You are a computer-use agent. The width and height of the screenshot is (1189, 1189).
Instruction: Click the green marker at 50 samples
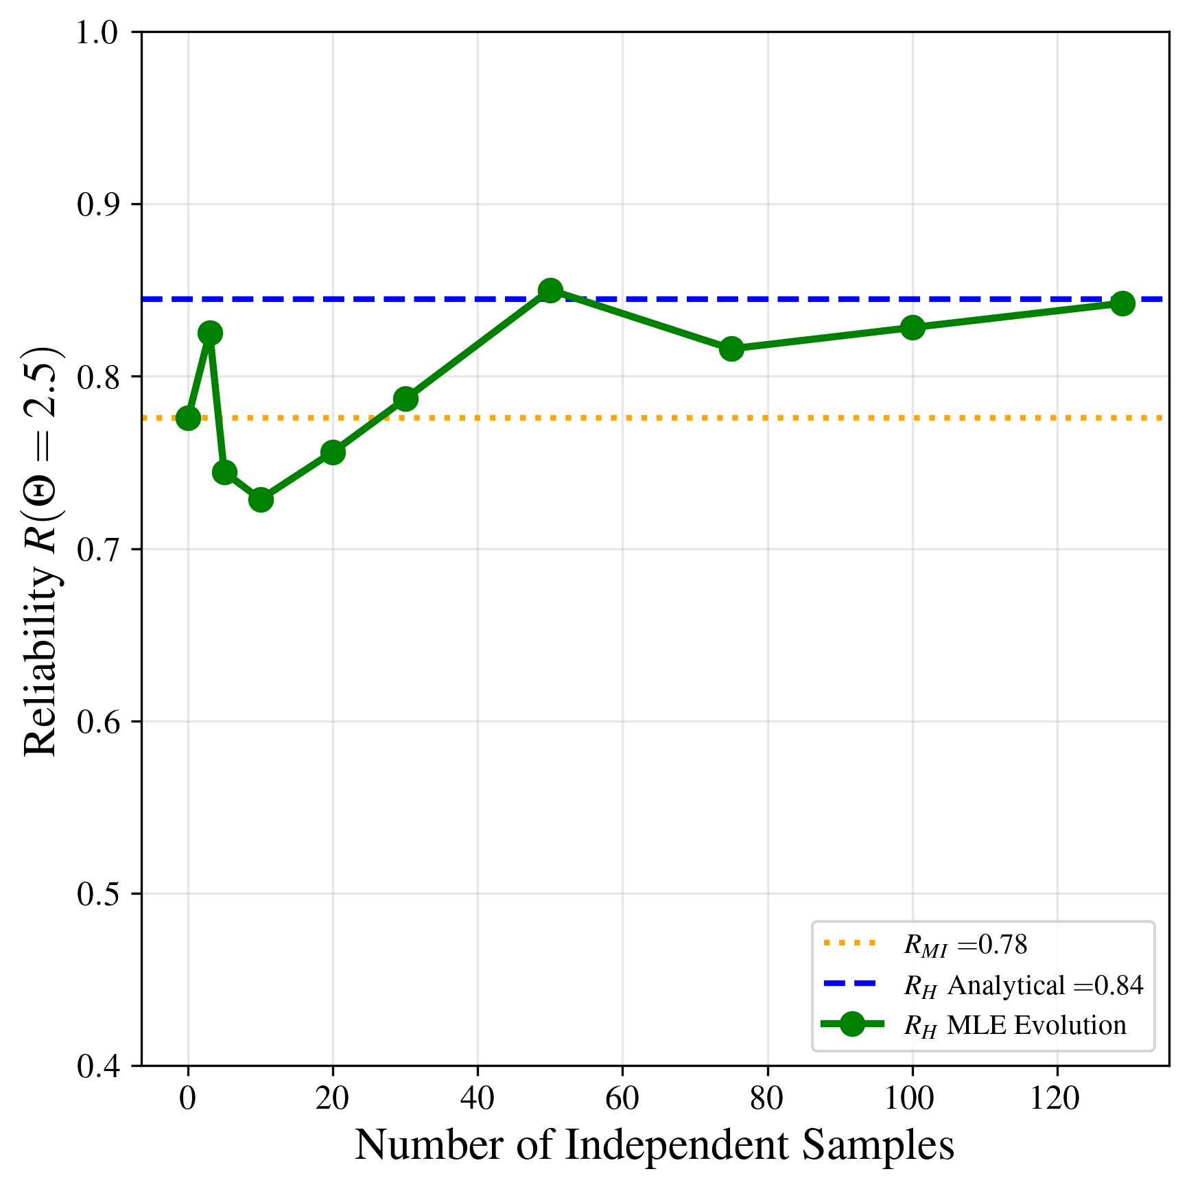(x=550, y=291)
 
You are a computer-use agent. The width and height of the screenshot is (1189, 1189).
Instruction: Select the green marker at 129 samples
(x=1122, y=303)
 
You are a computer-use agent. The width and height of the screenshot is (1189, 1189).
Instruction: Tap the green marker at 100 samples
(x=912, y=327)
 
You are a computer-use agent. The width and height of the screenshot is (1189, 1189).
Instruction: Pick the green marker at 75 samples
(x=731, y=349)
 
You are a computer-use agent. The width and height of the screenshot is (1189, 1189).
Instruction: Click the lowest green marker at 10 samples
(x=261, y=499)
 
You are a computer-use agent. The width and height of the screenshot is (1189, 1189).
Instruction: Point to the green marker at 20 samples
(x=333, y=452)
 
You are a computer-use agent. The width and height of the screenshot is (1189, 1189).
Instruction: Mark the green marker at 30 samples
(x=405, y=399)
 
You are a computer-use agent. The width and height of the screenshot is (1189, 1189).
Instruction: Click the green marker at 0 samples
(x=188, y=418)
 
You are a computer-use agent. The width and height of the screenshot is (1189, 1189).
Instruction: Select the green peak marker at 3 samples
(x=210, y=333)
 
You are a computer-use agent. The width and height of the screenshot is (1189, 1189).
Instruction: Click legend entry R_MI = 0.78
(x=965, y=945)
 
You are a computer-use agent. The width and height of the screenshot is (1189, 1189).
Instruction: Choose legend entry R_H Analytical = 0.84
(x=1023, y=985)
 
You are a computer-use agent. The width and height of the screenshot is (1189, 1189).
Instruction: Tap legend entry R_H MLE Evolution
(x=1015, y=1025)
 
